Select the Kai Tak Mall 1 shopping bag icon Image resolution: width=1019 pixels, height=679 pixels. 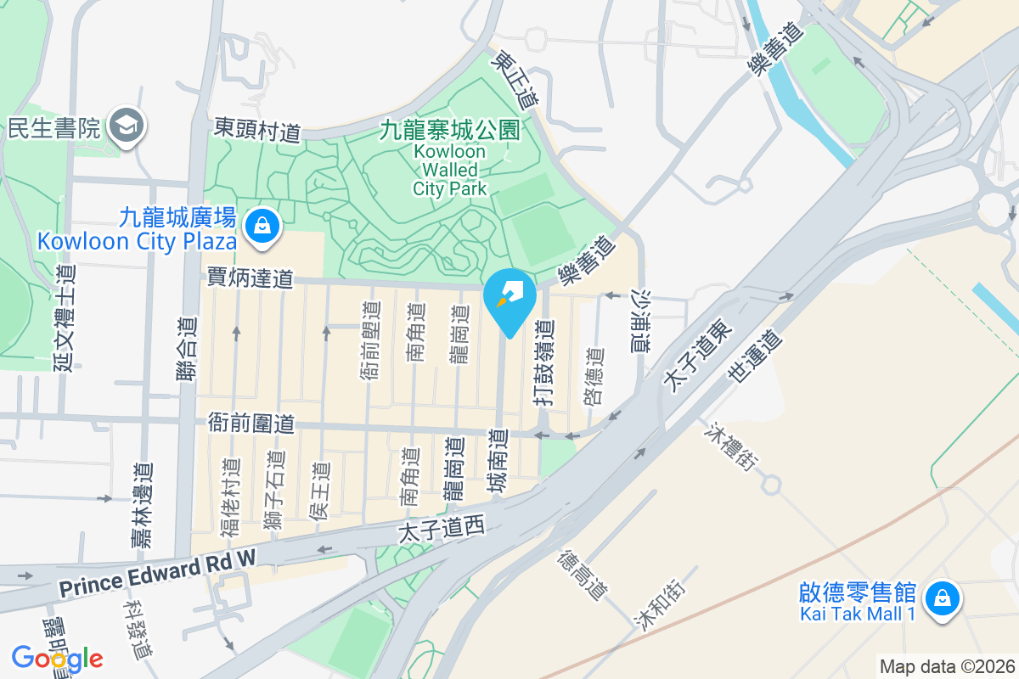pos(941,599)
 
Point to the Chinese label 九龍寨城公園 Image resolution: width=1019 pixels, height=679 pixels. pos(449,130)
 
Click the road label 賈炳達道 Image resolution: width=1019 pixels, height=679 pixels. pos(251,278)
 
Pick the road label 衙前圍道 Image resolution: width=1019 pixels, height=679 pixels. pos(251,424)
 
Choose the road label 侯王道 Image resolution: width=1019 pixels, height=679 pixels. pos(319,491)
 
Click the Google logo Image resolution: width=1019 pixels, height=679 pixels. pos(57,659)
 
